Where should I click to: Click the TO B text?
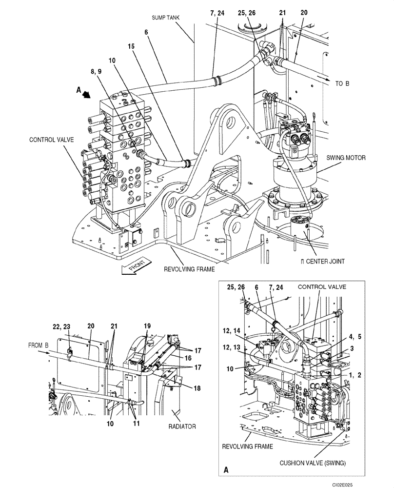[x=342, y=83]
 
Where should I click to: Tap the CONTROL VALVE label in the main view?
[x=51, y=139]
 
